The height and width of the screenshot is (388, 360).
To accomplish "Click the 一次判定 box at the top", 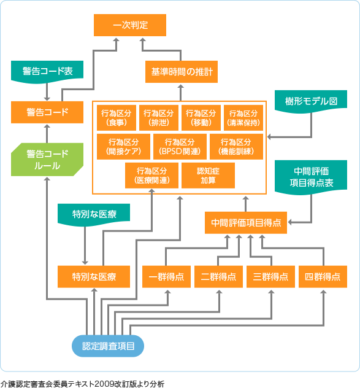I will coord(130,26).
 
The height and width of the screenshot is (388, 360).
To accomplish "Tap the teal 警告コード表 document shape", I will coord(47,71).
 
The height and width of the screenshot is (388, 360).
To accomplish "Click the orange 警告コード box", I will coord(47,112).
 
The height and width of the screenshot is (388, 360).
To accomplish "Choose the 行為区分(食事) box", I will coord(116,117).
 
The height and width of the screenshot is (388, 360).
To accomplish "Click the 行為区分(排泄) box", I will coord(158,117).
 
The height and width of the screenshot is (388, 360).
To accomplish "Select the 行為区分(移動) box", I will coord(201,117).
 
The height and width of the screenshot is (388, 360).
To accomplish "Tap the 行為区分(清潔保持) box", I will coord(243,117).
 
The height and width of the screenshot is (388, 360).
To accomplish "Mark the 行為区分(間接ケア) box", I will coord(123,145).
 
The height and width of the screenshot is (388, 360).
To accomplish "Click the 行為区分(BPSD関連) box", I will coord(179,145).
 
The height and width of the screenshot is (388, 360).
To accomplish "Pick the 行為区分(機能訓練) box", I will coord(236,145).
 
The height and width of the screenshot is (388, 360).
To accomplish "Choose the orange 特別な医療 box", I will coord(94,276).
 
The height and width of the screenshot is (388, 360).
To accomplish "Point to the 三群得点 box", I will coord(270,276).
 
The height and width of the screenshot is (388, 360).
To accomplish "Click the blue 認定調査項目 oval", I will coord(109,346).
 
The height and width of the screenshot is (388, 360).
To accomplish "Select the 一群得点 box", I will coord(167,276).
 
